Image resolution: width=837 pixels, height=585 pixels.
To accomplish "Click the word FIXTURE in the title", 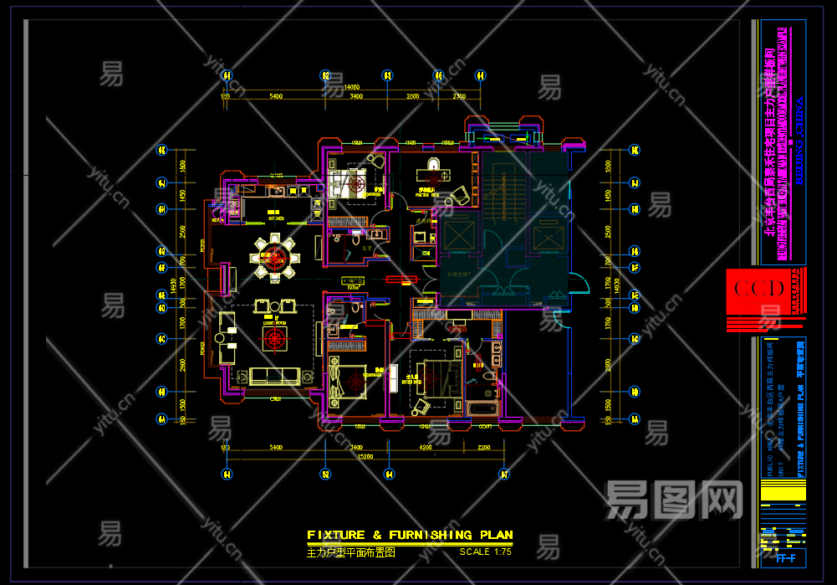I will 336,535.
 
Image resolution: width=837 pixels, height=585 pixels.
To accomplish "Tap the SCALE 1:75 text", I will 485,552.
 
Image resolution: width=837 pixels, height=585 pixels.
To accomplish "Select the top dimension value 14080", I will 351,87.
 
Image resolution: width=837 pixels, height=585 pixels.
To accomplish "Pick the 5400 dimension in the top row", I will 275,97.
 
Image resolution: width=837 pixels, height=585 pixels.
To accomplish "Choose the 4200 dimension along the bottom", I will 426,448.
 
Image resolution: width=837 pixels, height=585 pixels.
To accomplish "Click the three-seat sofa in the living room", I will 273,374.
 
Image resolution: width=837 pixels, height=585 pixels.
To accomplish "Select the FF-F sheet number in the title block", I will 785,558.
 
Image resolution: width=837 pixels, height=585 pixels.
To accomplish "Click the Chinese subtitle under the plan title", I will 350,552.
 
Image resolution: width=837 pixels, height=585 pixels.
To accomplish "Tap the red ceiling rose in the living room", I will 274,339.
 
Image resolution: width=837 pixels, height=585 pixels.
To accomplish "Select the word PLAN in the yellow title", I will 493,535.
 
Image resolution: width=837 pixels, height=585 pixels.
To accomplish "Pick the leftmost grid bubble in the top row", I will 226,76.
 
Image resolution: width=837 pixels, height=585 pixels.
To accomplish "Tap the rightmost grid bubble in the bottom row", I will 504,475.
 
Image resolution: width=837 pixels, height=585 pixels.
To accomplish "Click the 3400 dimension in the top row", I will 357,97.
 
